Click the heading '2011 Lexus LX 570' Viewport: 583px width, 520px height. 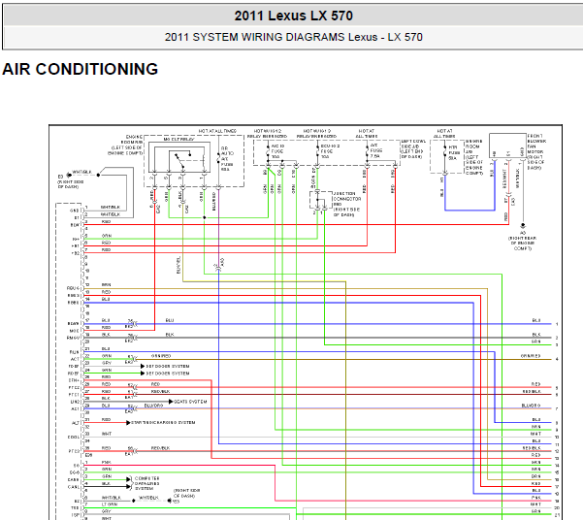click(x=293, y=16)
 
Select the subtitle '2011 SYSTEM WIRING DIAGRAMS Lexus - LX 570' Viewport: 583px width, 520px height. click(x=293, y=38)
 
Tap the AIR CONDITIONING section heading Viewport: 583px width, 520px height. click(x=81, y=70)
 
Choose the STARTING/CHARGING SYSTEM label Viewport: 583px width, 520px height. click(x=163, y=423)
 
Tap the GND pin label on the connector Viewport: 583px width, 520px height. click(x=74, y=210)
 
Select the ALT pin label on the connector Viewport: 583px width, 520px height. click(x=75, y=423)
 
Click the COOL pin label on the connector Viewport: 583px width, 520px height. click(x=74, y=437)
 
